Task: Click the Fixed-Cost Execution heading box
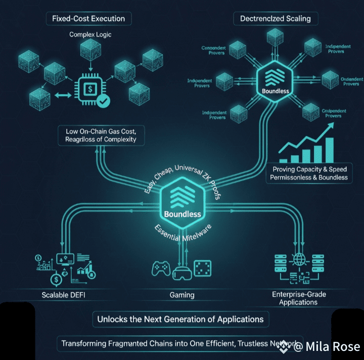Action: coord(88,19)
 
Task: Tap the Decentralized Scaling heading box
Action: coord(275,19)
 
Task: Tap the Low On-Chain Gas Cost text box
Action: coord(102,135)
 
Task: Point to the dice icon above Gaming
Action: coord(202,268)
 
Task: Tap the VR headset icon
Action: coord(181,274)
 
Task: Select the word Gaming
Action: coord(182,295)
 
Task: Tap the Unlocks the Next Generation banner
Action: coord(180,319)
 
